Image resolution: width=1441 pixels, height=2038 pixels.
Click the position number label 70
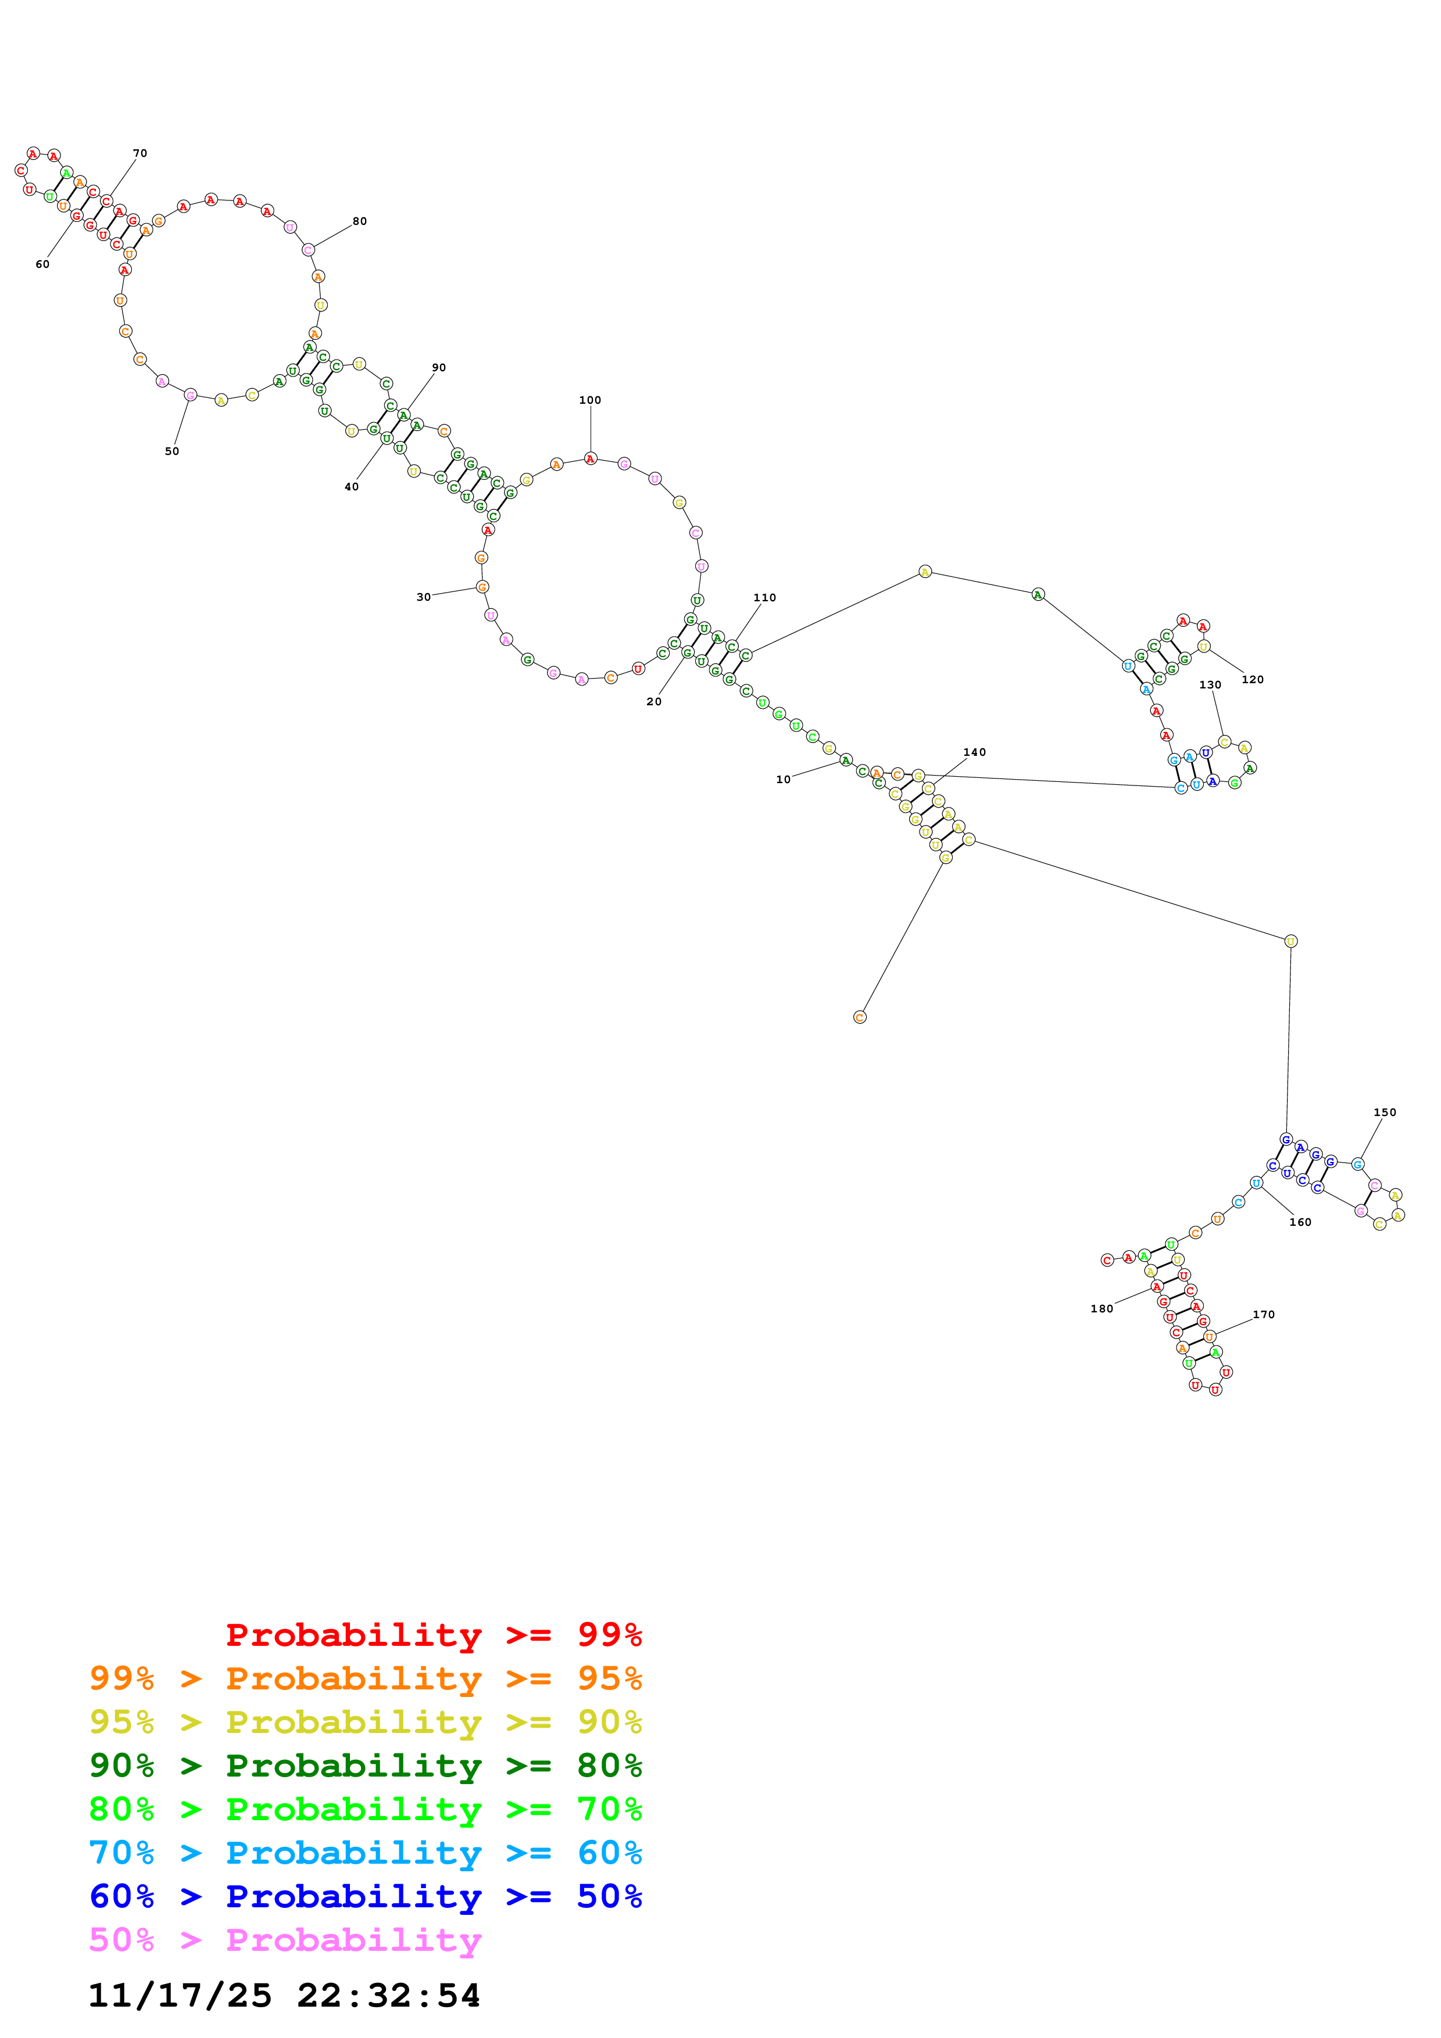point(140,153)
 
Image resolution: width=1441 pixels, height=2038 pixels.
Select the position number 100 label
point(591,400)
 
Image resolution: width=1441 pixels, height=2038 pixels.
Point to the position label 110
point(764,598)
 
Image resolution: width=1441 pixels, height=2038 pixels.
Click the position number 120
point(1252,680)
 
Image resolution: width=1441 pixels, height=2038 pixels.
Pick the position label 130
point(1210,686)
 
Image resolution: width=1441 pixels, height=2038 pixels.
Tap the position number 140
point(974,753)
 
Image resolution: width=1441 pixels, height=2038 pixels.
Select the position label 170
point(1264,1315)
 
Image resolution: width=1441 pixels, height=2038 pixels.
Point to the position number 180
point(1102,1309)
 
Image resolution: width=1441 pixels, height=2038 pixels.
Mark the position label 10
point(783,780)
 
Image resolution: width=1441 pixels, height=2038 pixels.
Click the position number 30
point(424,597)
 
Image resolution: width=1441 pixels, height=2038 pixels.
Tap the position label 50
point(172,452)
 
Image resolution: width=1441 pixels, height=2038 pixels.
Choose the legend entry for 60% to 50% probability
point(366,1897)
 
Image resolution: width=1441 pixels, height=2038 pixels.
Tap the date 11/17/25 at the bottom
point(180,1996)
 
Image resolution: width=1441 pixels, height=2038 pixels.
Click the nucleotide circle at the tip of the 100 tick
point(591,459)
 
